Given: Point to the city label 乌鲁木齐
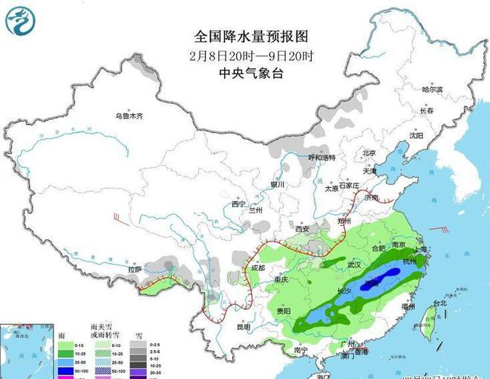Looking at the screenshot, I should [x=128, y=116].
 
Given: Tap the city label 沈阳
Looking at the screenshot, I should [x=416, y=136].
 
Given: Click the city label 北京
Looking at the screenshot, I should [x=369, y=153].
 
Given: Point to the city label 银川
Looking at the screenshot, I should [x=277, y=184].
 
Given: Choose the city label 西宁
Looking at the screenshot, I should [x=238, y=204].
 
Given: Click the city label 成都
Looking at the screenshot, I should [x=258, y=268].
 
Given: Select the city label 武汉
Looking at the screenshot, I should [x=354, y=265].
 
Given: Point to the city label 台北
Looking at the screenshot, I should [x=440, y=302].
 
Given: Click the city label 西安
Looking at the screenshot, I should [x=302, y=229].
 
